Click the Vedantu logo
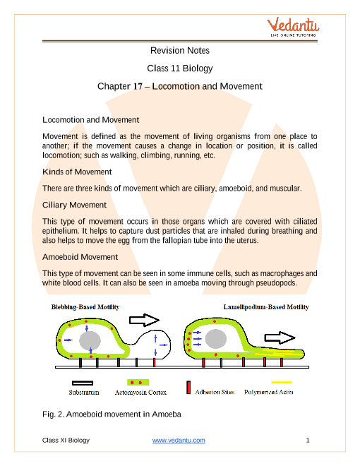tap(293, 27)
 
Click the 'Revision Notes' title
tap(180, 51)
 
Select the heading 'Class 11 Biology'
tap(180, 68)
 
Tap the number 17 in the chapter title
tap(138, 86)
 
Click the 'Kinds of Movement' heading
tap(77, 172)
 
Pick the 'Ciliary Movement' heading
tap(74, 205)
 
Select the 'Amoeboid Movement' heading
tap(80, 257)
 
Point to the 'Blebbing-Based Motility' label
tap(85, 307)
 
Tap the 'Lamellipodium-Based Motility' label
tap(266, 307)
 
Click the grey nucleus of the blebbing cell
tap(90, 340)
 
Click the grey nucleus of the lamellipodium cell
tap(216, 339)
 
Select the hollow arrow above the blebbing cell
tap(144, 320)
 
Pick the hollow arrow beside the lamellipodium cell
tap(280, 338)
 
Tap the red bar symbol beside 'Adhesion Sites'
tap(188, 388)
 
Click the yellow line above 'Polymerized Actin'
tap(281, 382)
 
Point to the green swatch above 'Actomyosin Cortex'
tap(138, 382)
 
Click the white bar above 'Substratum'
tap(83, 383)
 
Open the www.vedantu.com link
tap(179, 440)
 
